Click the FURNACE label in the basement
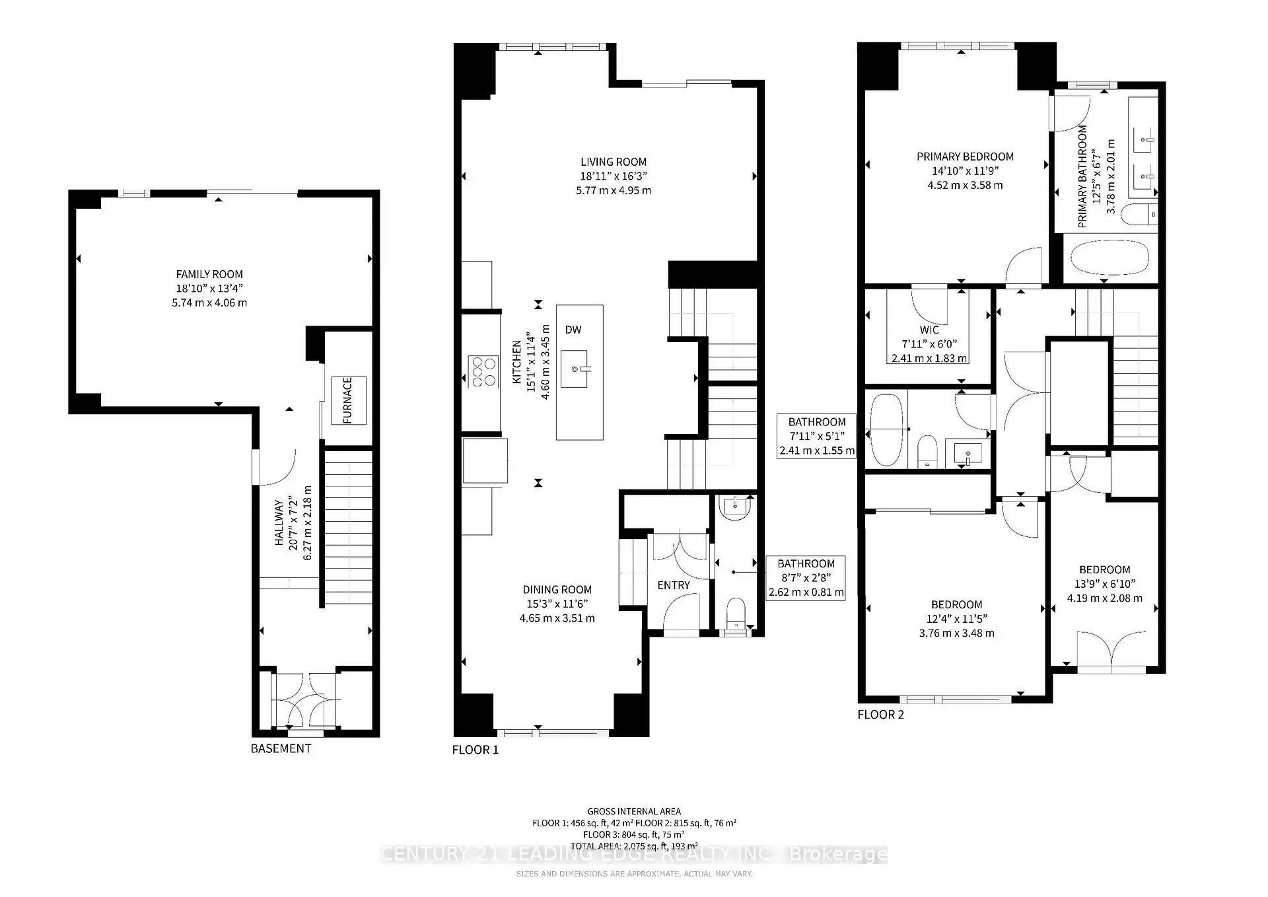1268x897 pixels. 347,400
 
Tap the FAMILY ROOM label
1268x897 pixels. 209,274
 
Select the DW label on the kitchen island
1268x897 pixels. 573,330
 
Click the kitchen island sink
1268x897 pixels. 575,369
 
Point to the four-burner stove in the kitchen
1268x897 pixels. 483,371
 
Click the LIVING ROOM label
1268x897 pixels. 614,162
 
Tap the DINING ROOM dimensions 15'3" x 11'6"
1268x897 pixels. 557,604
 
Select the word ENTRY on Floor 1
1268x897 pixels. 674,585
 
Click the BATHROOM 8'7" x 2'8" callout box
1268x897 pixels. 806,578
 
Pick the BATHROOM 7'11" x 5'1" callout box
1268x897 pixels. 817,436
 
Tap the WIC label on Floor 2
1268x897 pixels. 929,330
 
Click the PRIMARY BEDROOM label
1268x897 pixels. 965,157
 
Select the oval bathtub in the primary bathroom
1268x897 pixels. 1109,258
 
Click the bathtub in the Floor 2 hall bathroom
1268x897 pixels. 886,430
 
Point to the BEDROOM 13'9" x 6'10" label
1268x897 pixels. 1104,570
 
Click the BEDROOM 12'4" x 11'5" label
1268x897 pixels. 956,605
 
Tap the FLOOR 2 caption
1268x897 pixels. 880,714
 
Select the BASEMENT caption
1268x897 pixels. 281,748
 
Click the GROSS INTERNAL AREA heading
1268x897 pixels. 633,811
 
